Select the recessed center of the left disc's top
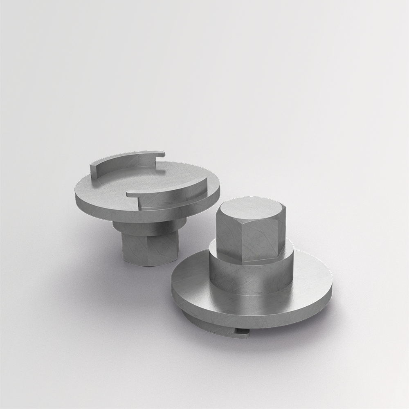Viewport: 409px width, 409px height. (x=143, y=180)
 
